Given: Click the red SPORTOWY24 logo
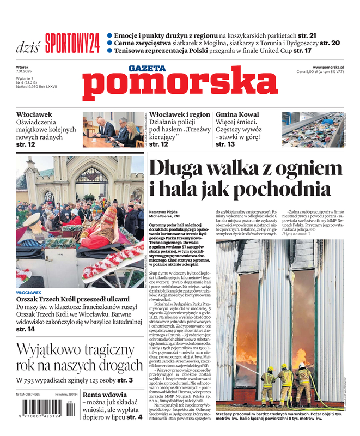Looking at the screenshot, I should pos(72,43).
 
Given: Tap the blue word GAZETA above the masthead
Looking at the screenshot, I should pos(148,68).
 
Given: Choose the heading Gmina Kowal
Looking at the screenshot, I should pos(238,114).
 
